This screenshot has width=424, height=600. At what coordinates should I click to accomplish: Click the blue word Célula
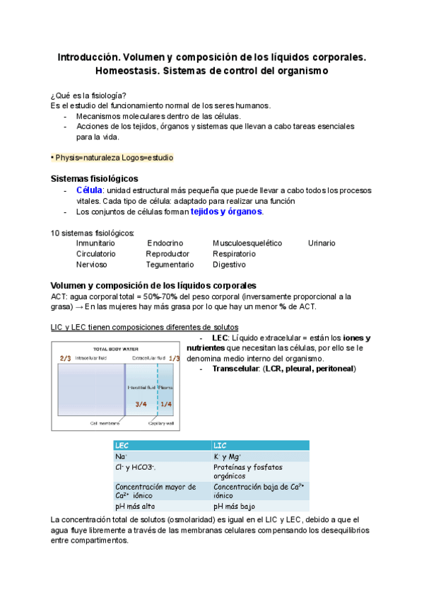pos(89,190)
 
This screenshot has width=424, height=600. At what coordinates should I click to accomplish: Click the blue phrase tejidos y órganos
pos(226,212)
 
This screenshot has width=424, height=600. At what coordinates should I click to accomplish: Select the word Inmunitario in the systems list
pos(95,243)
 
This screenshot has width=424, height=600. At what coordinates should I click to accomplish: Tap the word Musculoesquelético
pos(247,243)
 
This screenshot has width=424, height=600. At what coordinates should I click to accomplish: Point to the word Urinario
pos(322,243)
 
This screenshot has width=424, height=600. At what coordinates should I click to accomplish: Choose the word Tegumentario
pos(169,265)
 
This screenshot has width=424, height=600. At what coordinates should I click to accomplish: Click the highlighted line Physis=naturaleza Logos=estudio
pos(112,157)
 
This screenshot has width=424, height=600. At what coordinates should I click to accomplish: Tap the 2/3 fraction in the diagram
pos(65,359)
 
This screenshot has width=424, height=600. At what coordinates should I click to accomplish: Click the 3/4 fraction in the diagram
pos(141,404)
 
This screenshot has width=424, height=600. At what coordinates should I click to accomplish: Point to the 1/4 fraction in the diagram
pos(166,404)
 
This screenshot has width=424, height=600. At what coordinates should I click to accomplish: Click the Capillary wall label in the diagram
pos(161,423)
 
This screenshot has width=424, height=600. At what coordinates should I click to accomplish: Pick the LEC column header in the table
pos(122,446)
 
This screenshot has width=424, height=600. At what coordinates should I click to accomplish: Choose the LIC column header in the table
pos(220,446)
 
